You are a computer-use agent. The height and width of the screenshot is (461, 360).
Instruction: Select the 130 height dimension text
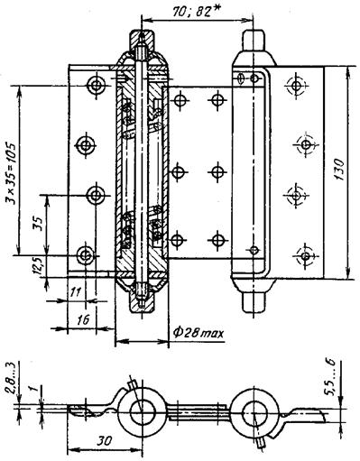coord(339,170)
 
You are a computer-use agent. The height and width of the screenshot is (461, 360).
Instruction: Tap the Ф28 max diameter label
coord(198,333)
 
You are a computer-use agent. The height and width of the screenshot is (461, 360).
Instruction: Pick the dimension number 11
coord(77,291)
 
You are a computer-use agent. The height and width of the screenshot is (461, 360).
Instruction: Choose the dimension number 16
coord(82,319)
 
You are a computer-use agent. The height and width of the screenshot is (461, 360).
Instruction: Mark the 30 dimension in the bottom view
coord(104,441)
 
